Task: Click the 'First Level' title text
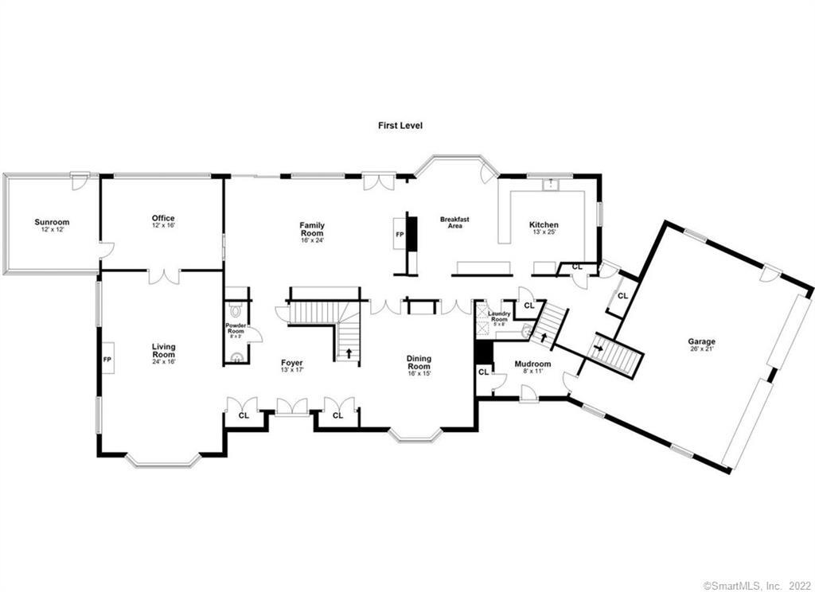coord(400,125)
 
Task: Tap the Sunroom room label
coord(52,225)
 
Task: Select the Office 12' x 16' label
coord(163,221)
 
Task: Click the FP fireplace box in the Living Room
coord(107,359)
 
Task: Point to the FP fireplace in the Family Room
coord(400,235)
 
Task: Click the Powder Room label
coord(236,329)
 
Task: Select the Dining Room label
coord(419,366)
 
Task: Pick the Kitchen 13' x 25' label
coord(544,228)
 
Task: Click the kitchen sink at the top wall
coord(549,184)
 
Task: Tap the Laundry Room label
coord(499,317)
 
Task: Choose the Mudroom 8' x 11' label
coord(532,367)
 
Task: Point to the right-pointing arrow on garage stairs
coord(599,347)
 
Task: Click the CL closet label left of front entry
coord(244,415)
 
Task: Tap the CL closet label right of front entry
coord(337,415)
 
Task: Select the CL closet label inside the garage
coord(622,295)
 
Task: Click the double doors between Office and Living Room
coord(164,276)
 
